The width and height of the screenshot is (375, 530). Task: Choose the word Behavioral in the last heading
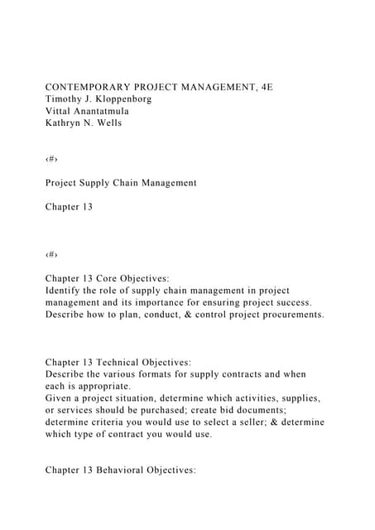(x=132, y=470)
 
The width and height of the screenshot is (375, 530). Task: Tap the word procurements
(x=283, y=316)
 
